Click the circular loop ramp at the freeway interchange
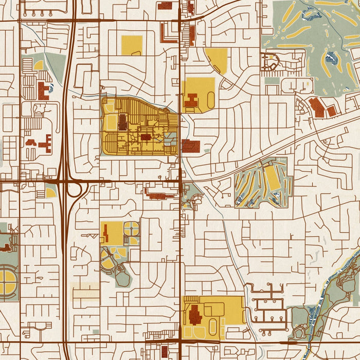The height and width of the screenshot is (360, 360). point(75,190)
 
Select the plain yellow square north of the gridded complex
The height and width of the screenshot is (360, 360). point(132,45)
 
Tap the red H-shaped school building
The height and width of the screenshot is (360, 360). point(191,100)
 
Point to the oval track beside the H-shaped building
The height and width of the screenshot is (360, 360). point(211,99)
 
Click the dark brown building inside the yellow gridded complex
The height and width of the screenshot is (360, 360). point(122,122)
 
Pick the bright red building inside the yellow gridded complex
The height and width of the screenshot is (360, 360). point(146,137)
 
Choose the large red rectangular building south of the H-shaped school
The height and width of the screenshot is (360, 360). point(191,146)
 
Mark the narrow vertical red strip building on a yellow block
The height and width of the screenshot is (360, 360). point(106,234)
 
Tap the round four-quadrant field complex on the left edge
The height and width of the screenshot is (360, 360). point(7,282)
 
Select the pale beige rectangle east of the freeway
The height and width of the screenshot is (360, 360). point(85,291)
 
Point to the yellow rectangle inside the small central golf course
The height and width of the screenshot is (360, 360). point(272,177)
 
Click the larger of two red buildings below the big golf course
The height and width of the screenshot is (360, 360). point(317,107)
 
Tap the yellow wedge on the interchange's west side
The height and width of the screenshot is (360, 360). point(50,193)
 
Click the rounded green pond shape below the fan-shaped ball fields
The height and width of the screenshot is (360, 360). point(123,278)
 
